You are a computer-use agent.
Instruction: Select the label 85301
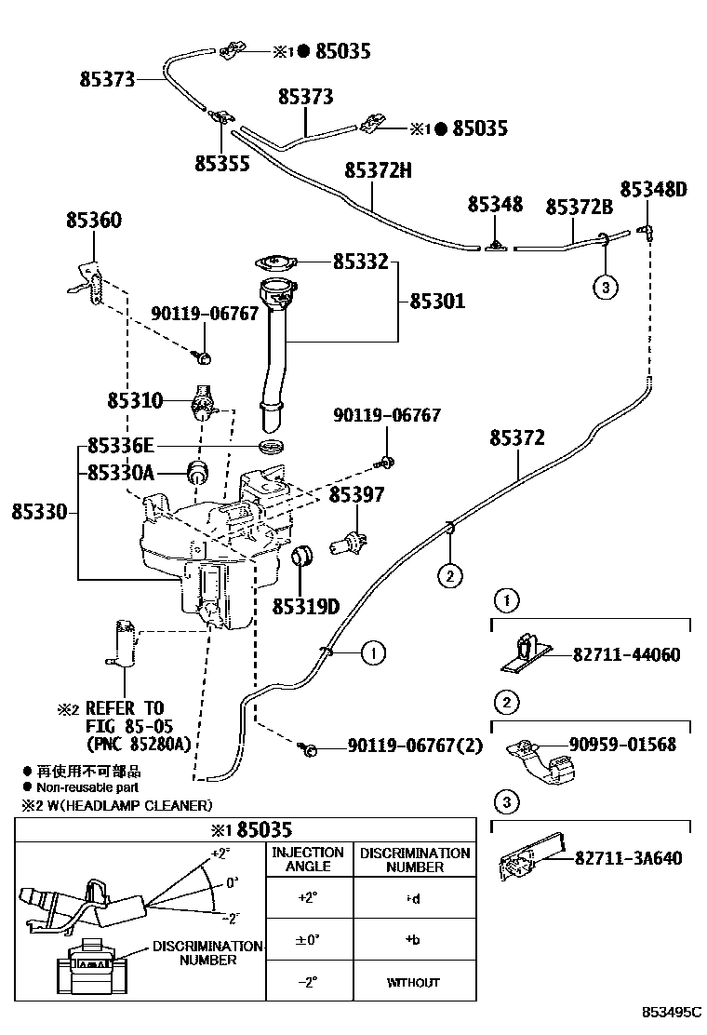[437, 302]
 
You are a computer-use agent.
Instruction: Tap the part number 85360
[93, 221]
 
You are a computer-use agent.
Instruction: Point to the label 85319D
[305, 607]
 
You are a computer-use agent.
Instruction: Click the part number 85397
[355, 496]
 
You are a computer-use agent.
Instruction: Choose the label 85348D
[653, 190]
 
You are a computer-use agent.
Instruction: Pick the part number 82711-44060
[627, 655]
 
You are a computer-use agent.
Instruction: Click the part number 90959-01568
[623, 745]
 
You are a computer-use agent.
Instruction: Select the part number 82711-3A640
[628, 857]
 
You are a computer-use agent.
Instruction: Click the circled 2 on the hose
[448, 577]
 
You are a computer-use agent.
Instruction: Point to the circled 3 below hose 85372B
[605, 288]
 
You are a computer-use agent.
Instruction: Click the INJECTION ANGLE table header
[307, 859]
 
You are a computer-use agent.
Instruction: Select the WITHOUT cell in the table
[413, 982]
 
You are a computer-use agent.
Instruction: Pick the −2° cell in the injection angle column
[307, 982]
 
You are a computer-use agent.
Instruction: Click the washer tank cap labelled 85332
[274, 262]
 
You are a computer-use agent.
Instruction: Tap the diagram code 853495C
[668, 1011]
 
